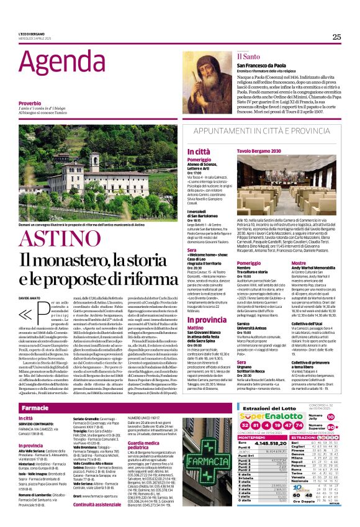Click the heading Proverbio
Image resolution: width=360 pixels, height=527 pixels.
click(x=30, y=103)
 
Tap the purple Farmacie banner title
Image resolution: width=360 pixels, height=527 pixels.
click(x=35, y=391)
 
